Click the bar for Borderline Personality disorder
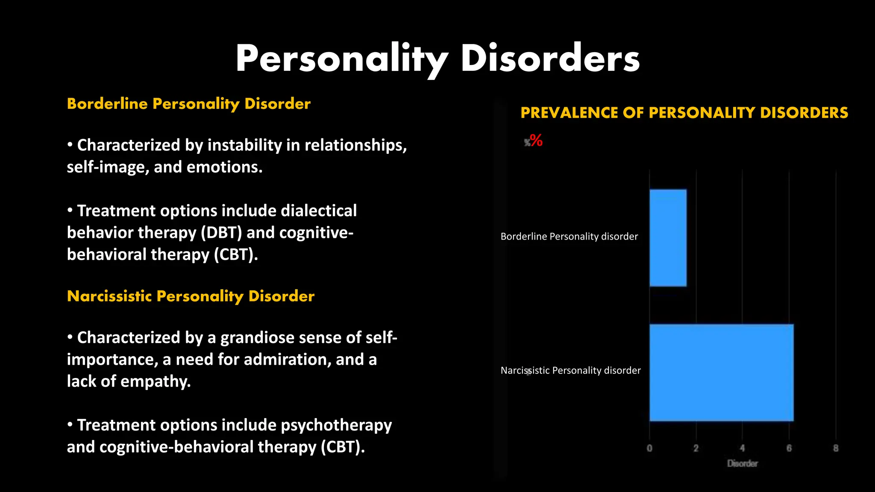(668, 238)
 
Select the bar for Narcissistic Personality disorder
(721, 372)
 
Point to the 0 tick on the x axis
(649, 448)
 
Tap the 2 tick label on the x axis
(696, 448)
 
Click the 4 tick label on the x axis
(742, 448)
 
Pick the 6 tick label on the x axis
(789, 448)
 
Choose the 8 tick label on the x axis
(836, 448)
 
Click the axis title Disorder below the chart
(743, 463)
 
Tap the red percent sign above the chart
(536, 140)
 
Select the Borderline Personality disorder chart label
(569, 236)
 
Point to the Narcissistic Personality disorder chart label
(570, 370)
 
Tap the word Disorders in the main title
(550, 59)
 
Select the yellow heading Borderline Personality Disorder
(188, 104)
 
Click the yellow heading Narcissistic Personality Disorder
(191, 296)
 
